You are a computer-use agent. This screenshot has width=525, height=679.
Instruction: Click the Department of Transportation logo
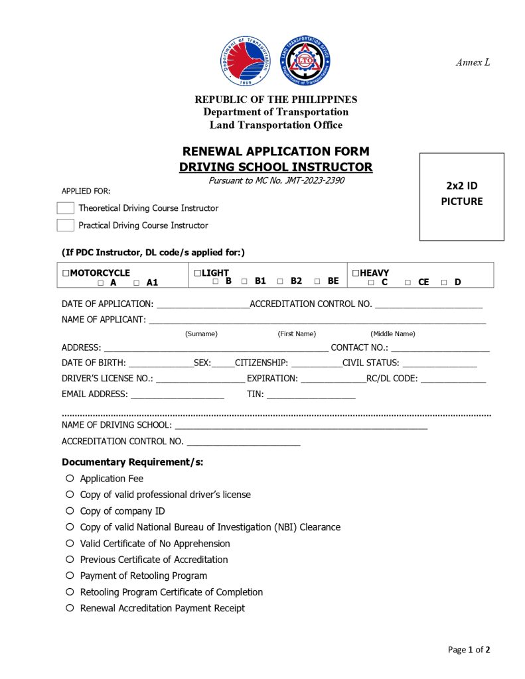tap(246, 61)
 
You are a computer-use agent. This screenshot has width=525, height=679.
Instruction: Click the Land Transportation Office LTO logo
tap(305, 60)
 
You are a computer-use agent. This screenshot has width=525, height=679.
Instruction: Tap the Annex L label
tap(473, 62)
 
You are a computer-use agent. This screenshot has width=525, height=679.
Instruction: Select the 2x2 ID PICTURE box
tap(461, 196)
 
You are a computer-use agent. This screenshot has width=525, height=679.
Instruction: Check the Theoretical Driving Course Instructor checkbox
tap(65, 208)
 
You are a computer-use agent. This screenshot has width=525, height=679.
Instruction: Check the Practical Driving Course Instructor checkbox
tap(65, 225)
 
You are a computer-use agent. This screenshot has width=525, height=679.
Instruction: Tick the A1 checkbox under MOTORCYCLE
tap(136, 283)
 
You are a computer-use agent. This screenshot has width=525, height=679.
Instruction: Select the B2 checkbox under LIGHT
tap(280, 281)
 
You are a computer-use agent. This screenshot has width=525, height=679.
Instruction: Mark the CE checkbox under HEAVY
tap(408, 283)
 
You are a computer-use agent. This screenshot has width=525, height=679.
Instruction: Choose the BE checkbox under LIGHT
tap(317, 281)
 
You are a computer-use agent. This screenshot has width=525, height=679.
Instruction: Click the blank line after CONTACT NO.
tap(440, 348)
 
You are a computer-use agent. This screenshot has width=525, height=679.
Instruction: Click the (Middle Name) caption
tap(392, 334)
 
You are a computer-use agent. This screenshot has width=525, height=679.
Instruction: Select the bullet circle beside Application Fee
tap(70, 478)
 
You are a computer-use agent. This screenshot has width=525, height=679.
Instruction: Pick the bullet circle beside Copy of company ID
tap(70, 511)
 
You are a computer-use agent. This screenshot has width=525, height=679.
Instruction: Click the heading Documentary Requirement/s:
tap(132, 462)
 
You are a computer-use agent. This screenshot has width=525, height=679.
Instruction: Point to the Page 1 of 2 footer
tap(469, 650)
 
